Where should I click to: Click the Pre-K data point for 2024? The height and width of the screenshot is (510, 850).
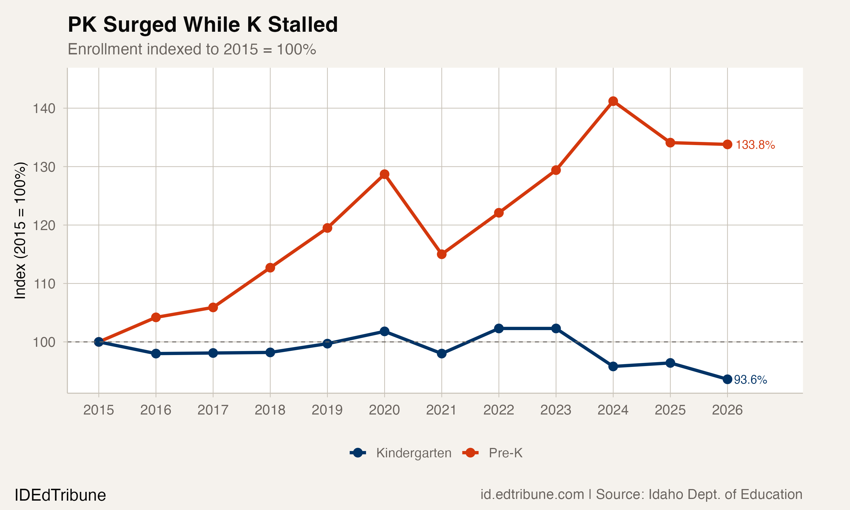[x=613, y=101]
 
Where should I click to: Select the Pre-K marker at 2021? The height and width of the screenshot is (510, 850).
[x=441, y=254]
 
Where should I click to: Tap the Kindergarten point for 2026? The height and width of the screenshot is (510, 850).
[x=727, y=379]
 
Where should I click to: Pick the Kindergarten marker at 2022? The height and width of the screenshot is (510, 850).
[x=498, y=329]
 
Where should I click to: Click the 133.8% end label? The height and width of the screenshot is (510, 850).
[x=755, y=145]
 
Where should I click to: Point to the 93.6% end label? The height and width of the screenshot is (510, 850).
[x=750, y=380]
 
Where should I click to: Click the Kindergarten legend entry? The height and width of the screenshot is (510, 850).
[x=413, y=453]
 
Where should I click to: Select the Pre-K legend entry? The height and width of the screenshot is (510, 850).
[x=505, y=453]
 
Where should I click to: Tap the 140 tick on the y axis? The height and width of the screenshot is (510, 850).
[x=44, y=109]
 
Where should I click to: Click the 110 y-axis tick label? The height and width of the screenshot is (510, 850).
[x=44, y=284]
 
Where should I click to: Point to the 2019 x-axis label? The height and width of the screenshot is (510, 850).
[x=327, y=410]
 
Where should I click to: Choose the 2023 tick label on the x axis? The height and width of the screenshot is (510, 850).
[x=556, y=410]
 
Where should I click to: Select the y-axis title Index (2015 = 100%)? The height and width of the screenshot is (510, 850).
[x=20, y=230]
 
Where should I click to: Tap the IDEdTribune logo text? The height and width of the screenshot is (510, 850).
[x=60, y=495]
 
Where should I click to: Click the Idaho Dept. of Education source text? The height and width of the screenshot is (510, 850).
[x=725, y=494]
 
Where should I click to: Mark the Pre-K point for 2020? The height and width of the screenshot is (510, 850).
[x=384, y=174]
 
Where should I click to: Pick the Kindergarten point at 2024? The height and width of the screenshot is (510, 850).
[x=613, y=366]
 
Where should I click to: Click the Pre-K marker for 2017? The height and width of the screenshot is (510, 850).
[x=213, y=307]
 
